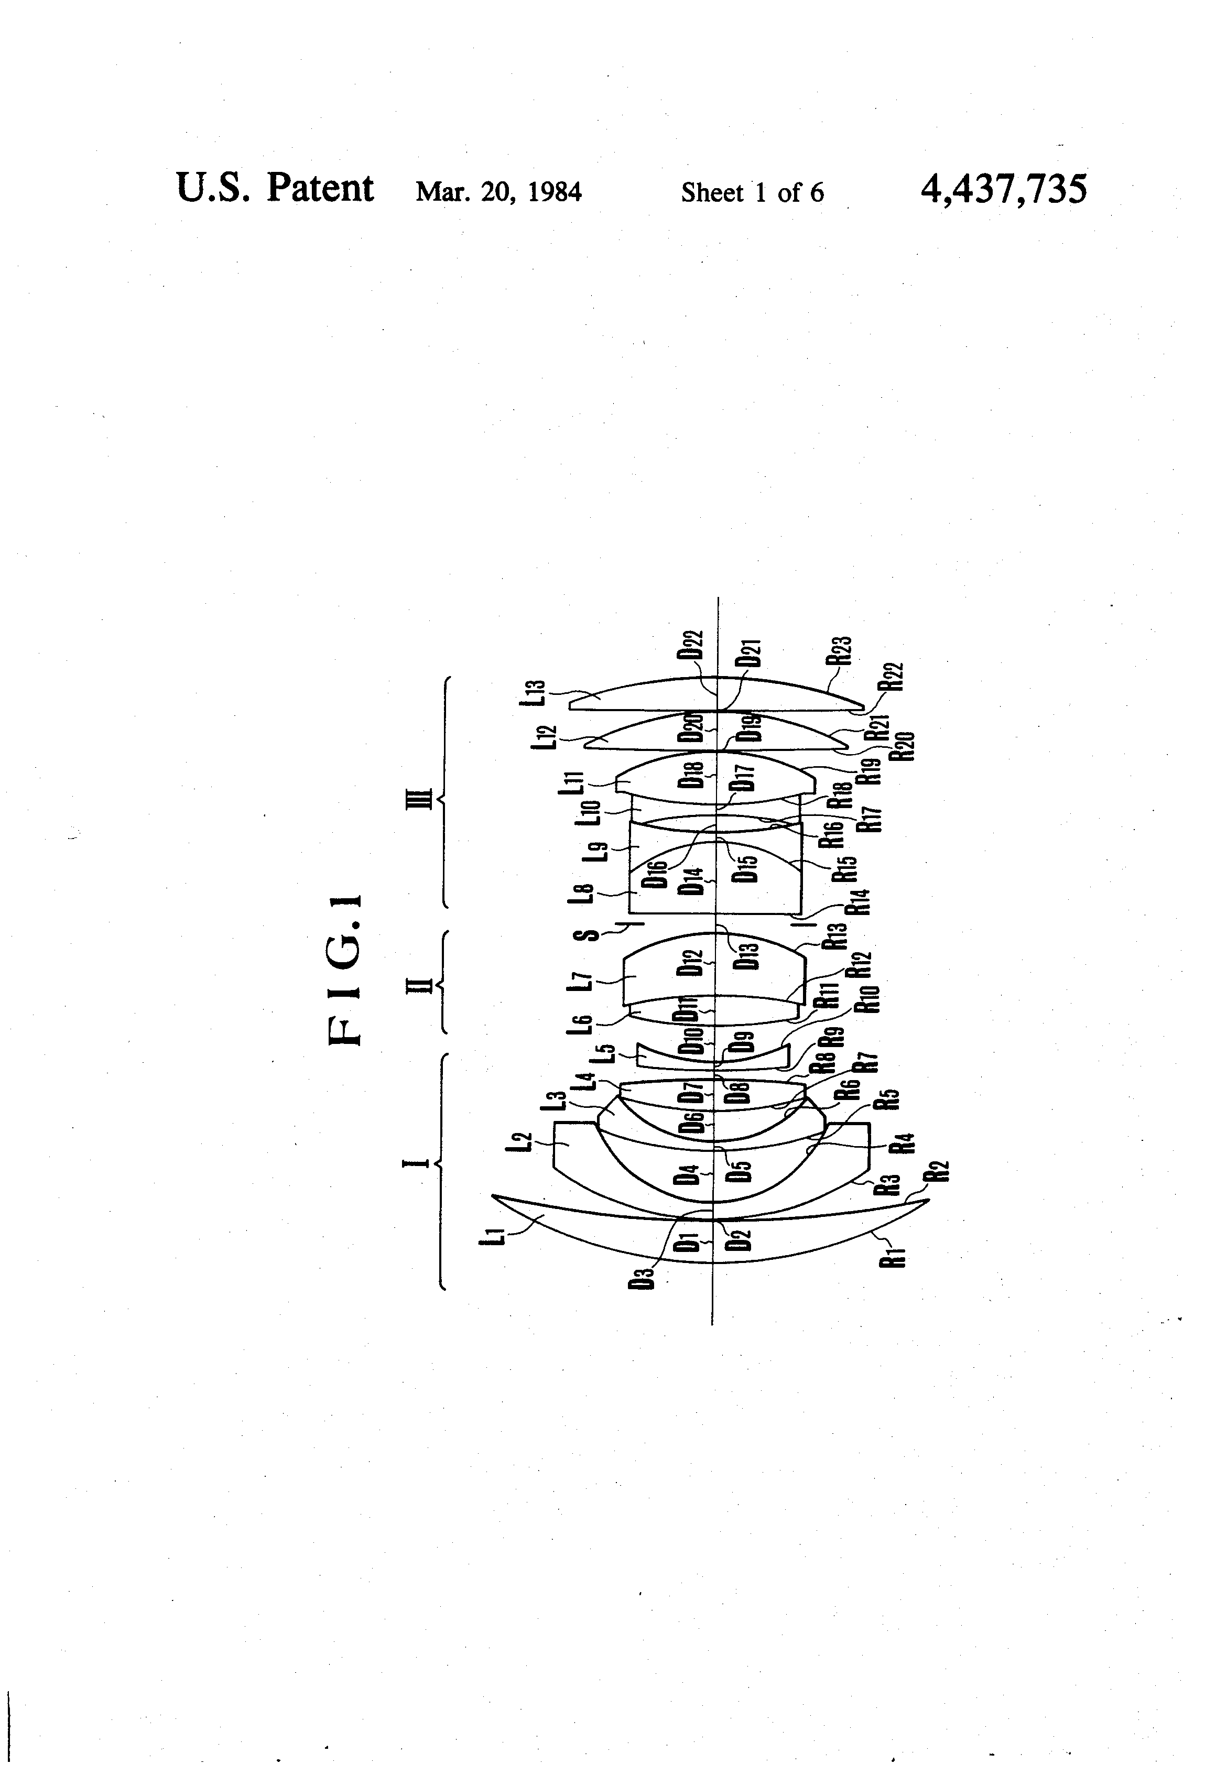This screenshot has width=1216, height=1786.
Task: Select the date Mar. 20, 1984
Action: [x=498, y=191]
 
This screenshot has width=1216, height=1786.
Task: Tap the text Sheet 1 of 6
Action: [x=752, y=192]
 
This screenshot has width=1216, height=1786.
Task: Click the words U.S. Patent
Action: [x=275, y=188]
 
